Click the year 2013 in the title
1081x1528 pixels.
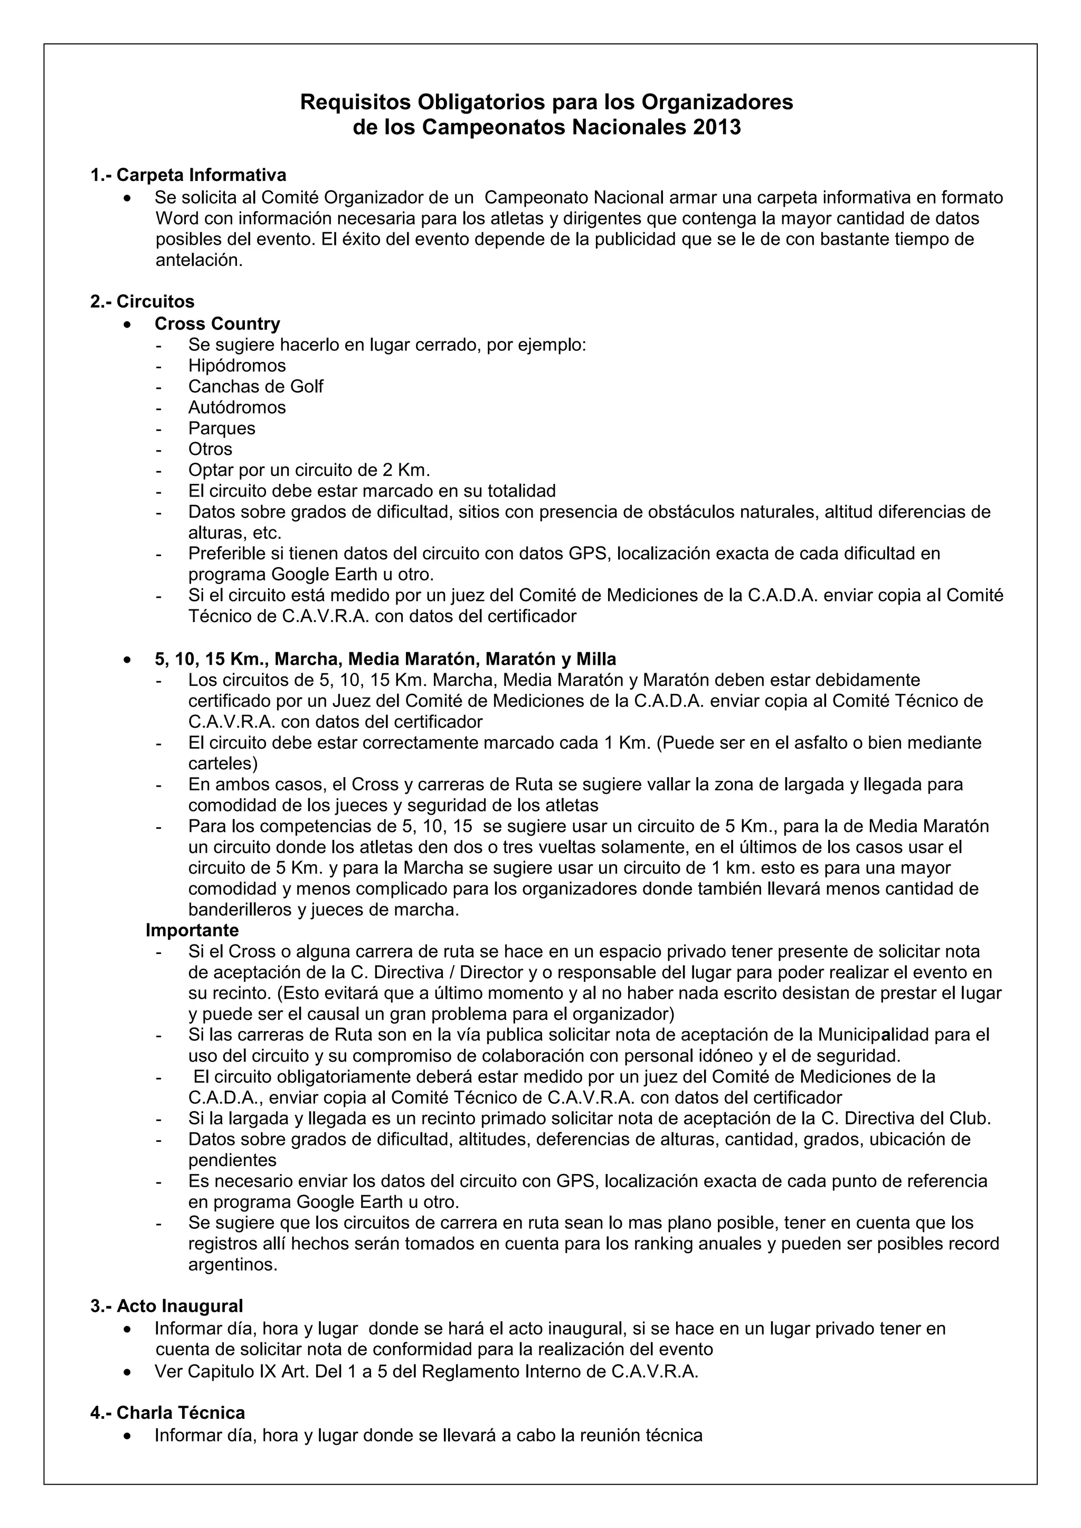(716, 127)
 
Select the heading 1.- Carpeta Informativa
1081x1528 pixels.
(188, 175)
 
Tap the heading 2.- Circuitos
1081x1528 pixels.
(143, 301)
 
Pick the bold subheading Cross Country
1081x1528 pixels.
(217, 323)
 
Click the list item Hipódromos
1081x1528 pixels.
(237, 365)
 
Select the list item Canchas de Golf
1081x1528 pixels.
(255, 386)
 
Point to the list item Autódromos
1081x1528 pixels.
(237, 407)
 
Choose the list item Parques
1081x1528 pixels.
(222, 428)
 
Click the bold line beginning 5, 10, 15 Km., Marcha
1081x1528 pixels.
(385, 659)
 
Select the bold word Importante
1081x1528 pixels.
(192, 930)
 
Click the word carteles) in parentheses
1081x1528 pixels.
(223, 763)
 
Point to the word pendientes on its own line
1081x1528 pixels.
(232, 1160)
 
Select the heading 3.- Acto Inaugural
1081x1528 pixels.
(166, 1306)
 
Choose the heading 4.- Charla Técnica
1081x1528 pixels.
(168, 1412)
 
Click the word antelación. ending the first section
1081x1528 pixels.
(199, 260)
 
